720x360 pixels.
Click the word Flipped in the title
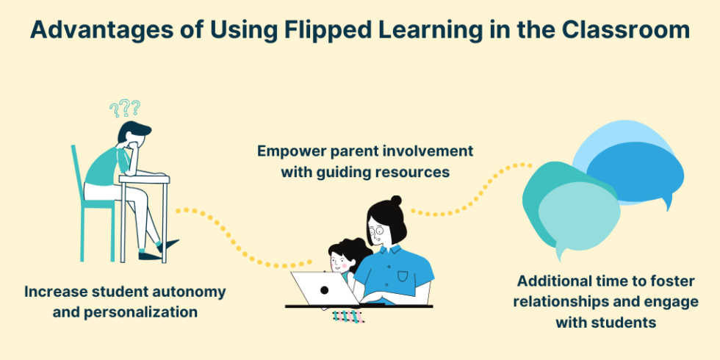(317, 30)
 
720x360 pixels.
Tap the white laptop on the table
(324, 288)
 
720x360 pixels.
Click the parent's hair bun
(395, 200)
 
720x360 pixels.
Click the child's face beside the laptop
(339, 259)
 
